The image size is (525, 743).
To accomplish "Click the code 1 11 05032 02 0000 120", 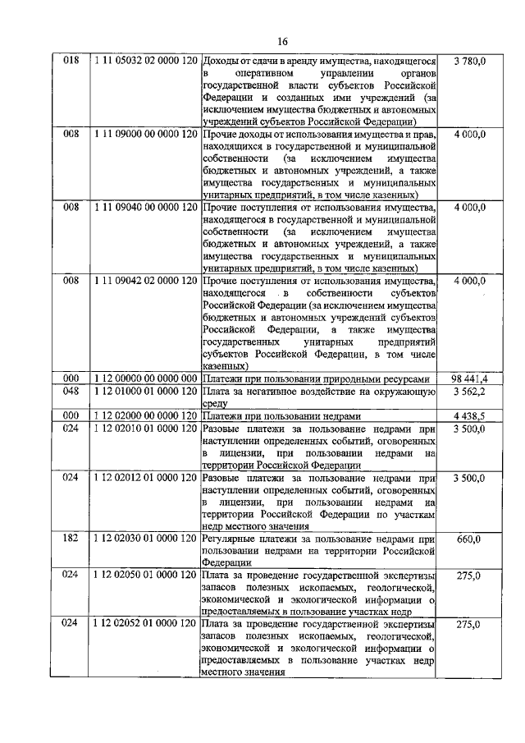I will click(144, 61).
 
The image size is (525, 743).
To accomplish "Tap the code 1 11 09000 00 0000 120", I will click(144, 134).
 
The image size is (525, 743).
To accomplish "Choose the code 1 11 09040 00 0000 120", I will click(144, 208).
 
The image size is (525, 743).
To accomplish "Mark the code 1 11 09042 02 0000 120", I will click(144, 282).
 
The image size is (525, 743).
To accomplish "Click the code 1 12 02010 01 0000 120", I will click(144, 429).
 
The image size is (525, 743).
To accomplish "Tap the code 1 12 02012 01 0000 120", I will click(144, 477).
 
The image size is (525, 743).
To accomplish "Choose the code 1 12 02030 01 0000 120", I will click(144, 539).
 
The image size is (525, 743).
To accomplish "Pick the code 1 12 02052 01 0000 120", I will click(144, 624).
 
